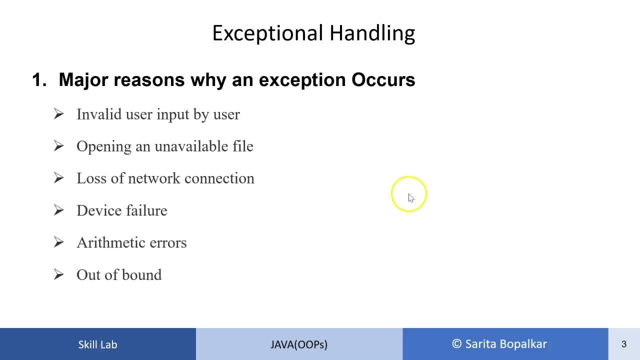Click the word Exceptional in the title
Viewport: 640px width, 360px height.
point(267,33)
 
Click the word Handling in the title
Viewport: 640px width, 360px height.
point(372,33)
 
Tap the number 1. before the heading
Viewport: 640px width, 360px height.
point(39,79)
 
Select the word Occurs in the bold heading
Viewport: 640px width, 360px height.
point(383,79)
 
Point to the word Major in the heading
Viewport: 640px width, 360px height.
point(83,80)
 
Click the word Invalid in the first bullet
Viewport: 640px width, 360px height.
point(99,114)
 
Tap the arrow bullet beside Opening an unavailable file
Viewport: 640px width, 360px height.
point(58,146)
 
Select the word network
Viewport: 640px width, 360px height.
point(154,178)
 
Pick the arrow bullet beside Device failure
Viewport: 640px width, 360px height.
point(58,210)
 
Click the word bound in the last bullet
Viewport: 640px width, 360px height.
point(142,275)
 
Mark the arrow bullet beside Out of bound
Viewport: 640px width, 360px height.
point(58,274)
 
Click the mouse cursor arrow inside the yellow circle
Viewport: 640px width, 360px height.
point(411,197)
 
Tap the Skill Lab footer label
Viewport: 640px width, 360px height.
point(97,344)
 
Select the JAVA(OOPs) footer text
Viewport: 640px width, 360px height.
point(299,345)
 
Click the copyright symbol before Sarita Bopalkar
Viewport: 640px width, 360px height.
point(456,343)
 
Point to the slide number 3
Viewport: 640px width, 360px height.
point(624,344)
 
